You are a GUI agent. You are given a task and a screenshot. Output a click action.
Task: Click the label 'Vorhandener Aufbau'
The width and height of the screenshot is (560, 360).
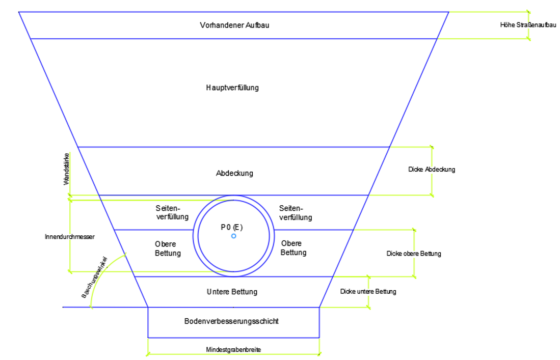234,25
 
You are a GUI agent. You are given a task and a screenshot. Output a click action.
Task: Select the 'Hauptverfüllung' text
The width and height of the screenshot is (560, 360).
232,88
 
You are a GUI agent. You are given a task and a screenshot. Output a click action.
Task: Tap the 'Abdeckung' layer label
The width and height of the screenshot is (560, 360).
234,173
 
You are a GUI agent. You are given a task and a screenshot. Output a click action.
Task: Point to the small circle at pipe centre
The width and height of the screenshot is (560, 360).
233,236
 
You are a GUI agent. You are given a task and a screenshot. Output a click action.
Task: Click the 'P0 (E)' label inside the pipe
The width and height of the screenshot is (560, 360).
232,227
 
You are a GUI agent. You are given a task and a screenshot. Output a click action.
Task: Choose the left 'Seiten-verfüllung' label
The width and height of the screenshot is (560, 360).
172,213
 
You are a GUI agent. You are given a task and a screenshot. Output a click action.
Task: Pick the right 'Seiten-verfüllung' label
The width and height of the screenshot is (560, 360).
296,213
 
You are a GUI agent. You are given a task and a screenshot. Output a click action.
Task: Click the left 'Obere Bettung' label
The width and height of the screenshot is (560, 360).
168,248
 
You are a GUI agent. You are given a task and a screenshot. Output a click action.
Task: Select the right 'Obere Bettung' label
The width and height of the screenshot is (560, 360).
294,248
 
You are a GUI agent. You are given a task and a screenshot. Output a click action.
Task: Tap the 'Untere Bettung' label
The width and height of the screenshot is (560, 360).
232,292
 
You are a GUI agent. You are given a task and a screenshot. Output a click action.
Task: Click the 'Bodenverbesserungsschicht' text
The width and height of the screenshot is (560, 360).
231,321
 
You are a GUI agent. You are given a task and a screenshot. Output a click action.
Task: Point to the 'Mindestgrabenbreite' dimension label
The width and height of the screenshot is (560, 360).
233,350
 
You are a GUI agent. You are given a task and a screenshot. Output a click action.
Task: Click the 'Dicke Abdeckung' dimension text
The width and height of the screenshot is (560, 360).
432,170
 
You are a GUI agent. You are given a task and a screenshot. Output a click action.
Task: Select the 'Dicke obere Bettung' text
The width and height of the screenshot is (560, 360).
414,254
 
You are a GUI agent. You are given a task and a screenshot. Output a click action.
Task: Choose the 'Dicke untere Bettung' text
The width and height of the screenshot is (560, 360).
368,292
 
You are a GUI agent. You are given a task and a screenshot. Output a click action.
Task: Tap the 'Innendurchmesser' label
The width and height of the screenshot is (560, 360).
70,237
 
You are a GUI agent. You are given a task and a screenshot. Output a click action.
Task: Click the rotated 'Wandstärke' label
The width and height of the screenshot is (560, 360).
67,174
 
